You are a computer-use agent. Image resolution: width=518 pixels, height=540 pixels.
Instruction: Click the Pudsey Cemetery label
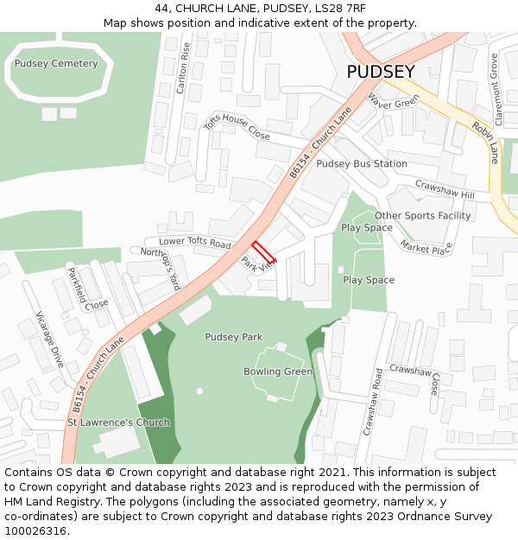[x=56, y=63]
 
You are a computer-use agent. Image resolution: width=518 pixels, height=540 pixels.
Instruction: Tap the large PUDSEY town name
[x=381, y=73]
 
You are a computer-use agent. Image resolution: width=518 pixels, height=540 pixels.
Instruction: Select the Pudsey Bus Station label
[x=362, y=163]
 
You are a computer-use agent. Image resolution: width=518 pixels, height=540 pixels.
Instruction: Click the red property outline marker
[x=264, y=251]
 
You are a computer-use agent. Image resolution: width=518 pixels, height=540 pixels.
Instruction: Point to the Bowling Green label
[x=278, y=372]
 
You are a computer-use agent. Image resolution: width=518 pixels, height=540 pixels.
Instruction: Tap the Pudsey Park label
[x=233, y=336]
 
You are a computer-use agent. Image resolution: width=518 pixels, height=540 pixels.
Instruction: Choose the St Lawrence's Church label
[x=118, y=422]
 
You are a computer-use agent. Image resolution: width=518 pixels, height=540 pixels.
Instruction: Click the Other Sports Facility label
[x=422, y=215]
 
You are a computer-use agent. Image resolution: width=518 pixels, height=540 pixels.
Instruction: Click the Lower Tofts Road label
[x=194, y=243]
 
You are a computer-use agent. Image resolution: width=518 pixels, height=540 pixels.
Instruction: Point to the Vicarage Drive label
[x=51, y=340]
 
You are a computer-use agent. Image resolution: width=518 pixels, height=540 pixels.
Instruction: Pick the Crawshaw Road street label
[x=372, y=400]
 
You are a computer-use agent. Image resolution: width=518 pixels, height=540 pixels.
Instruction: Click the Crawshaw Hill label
[x=445, y=188]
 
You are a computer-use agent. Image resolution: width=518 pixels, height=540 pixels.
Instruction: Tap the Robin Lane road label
[x=485, y=142]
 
